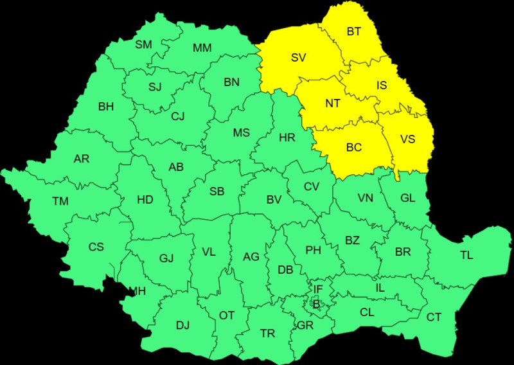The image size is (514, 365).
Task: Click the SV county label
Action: (x=298, y=58)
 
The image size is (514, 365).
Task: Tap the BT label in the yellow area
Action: (x=354, y=31)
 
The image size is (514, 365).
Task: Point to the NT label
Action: (x=333, y=103)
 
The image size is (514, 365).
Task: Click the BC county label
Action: (x=354, y=147)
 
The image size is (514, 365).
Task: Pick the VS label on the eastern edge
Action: (x=407, y=138)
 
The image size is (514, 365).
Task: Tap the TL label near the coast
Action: (x=466, y=255)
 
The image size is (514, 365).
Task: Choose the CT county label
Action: (x=434, y=317)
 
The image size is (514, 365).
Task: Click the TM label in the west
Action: (x=60, y=201)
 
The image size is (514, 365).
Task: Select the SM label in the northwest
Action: (x=143, y=44)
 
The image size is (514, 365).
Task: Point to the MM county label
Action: (x=202, y=48)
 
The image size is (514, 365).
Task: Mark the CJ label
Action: (x=178, y=116)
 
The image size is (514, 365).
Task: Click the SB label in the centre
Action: (x=217, y=191)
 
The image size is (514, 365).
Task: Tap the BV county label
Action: (x=274, y=200)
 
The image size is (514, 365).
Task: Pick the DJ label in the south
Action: (x=182, y=325)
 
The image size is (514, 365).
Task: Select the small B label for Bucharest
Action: (x=315, y=304)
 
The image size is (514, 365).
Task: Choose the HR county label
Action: (x=287, y=137)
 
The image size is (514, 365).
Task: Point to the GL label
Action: (x=408, y=198)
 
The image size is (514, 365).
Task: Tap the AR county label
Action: (x=82, y=159)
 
